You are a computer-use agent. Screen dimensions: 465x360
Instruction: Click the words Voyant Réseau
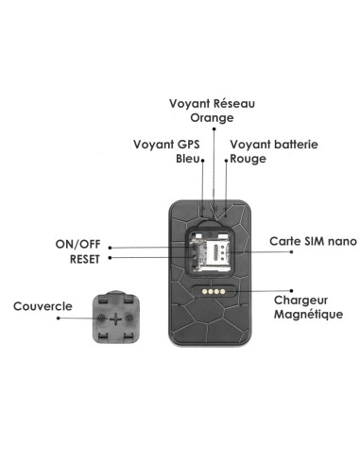click(213, 104)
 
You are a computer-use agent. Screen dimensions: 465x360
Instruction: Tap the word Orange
click(211, 118)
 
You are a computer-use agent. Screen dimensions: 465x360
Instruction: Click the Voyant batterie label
click(273, 145)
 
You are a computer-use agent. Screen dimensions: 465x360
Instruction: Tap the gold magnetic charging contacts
click(213, 293)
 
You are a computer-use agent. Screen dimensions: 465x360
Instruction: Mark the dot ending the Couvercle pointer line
click(59, 319)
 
